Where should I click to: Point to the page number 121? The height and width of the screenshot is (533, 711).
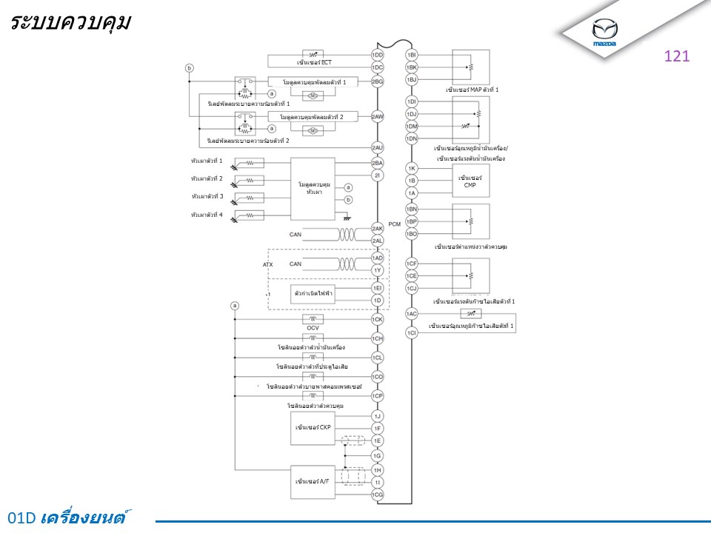(x=677, y=56)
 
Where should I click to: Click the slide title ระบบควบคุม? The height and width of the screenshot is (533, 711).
(x=71, y=22)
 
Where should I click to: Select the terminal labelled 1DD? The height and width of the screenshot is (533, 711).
(x=377, y=55)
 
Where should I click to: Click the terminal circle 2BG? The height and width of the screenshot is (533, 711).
(x=377, y=81)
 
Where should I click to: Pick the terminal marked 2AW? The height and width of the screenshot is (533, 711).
(x=377, y=117)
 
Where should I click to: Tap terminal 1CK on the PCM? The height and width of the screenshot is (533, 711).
(x=377, y=320)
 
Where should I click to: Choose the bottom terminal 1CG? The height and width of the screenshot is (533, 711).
(x=377, y=495)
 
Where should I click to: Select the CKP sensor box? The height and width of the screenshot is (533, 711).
(x=313, y=427)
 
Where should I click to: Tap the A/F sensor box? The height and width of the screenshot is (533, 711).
(x=313, y=482)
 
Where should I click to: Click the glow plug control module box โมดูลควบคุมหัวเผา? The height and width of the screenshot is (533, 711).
(x=313, y=188)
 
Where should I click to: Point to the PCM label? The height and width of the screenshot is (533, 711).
(x=394, y=223)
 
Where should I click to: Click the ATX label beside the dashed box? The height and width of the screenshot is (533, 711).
(x=268, y=264)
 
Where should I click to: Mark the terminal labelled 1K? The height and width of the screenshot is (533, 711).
(x=412, y=168)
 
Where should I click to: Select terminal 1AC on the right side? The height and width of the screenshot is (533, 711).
(x=412, y=314)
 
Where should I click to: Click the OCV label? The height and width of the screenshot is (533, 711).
(x=313, y=328)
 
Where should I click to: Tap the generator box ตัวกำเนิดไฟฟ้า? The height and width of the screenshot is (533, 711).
(x=313, y=294)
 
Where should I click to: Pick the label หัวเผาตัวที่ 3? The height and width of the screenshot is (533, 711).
(x=207, y=196)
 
